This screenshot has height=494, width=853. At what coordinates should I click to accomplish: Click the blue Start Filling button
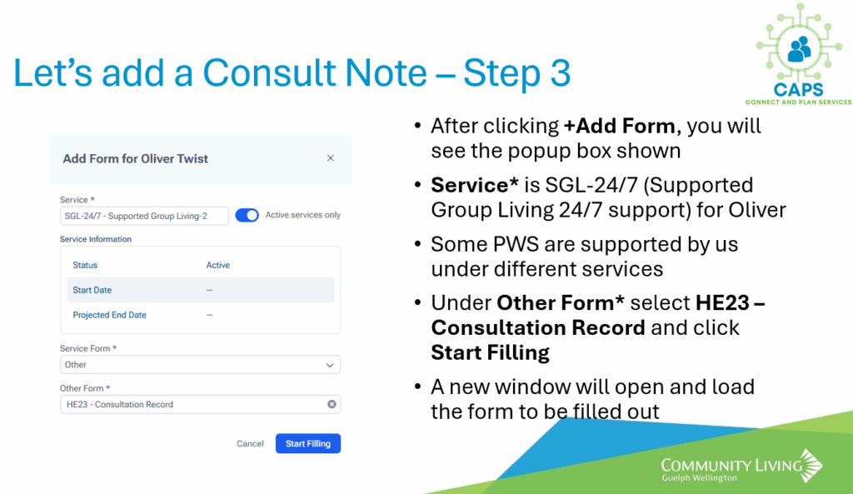[x=308, y=443]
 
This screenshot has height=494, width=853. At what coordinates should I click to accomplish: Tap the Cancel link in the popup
[x=250, y=443]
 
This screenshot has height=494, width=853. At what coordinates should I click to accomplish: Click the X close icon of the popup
[x=330, y=157]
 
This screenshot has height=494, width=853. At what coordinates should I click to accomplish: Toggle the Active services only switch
[x=247, y=215]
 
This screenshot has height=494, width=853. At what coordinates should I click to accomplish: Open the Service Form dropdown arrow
[x=330, y=365]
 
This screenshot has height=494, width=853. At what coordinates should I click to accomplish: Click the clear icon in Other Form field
[x=332, y=404]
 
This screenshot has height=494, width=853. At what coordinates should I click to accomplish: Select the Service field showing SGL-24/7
[x=144, y=216]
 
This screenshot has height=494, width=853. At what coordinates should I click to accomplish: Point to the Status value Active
[x=217, y=265]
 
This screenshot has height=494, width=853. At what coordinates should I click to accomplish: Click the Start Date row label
[x=92, y=290]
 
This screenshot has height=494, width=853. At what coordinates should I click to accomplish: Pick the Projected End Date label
[x=109, y=315]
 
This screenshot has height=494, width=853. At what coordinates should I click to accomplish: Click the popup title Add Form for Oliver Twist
[x=135, y=158]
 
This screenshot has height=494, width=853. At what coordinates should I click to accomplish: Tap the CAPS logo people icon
[x=799, y=49]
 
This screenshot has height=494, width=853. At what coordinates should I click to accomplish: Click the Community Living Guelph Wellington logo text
[x=731, y=470]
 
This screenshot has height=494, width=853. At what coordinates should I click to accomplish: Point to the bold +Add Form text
[x=619, y=126]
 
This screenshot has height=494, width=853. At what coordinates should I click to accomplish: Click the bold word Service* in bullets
[x=474, y=185]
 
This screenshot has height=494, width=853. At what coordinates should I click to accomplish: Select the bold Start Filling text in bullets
[x=490, y=352]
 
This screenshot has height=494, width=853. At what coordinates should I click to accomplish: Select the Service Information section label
[x=96, y=239]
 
